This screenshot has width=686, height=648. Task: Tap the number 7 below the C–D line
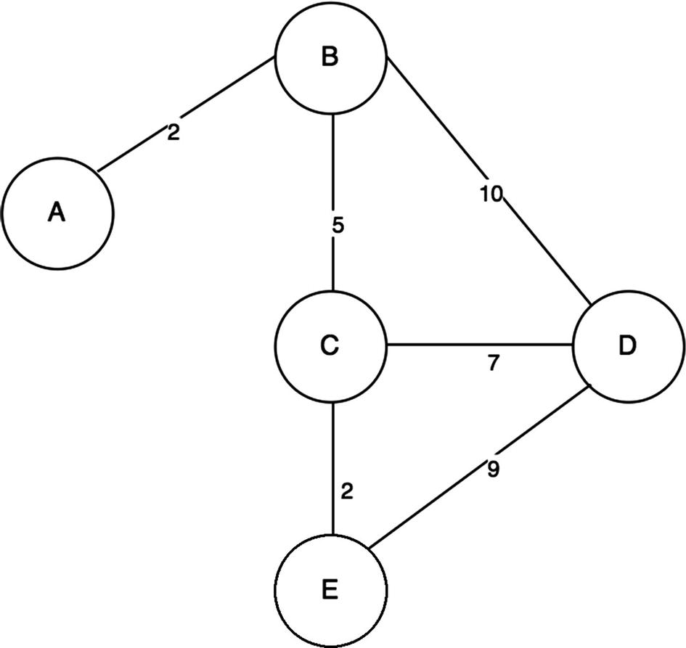pyautogui.click(x=493, y=364)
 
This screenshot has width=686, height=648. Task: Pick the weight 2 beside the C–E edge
pyautogui.click(x=346, y=492)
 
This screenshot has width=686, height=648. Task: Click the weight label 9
pyautogui.click(x=493, y=470)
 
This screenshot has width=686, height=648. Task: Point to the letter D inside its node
pyautogui.click(x=627, y=347)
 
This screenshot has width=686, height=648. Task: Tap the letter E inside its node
pyautogui.click(x=329, y=590)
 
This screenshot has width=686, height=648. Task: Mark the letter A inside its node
pyautogui.click(x=57, y=213)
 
